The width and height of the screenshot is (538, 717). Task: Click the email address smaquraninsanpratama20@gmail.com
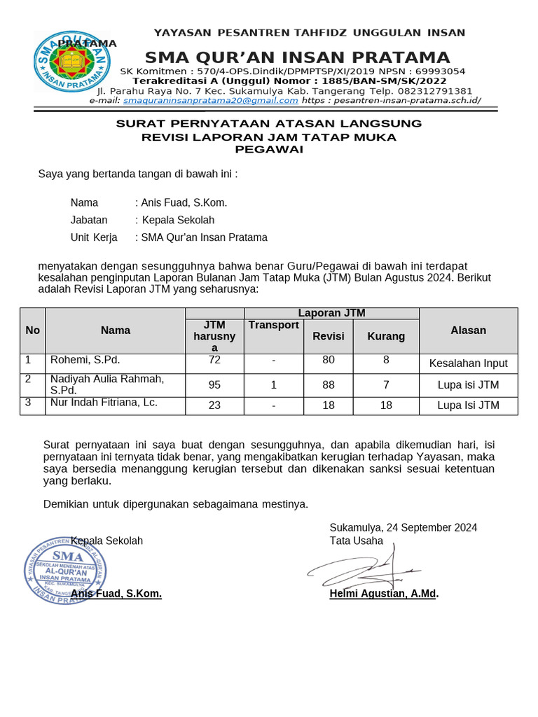coord(211,100)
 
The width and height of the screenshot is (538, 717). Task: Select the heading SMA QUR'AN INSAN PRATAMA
coord(297,57)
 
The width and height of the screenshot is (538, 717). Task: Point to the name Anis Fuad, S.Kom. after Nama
coord(184,203)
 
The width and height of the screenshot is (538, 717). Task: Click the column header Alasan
coord(468,330)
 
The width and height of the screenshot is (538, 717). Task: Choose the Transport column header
coord(273,325)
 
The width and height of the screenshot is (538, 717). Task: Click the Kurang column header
coord(386,336)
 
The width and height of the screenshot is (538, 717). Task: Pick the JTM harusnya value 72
coord(214,360)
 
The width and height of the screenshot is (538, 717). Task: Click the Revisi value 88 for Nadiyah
coord(329,384)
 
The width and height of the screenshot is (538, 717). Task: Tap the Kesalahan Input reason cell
coord(468,363)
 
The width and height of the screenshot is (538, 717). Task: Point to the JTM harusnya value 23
coord(214,405)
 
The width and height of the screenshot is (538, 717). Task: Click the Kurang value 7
coord(386,384)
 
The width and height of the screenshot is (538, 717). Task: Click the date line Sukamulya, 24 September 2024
coord(403,527)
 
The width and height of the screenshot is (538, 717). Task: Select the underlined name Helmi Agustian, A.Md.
coord(384,594)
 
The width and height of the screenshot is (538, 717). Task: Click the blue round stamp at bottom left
coord(67,568)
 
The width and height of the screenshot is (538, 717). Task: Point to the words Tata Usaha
coord(357,541)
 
